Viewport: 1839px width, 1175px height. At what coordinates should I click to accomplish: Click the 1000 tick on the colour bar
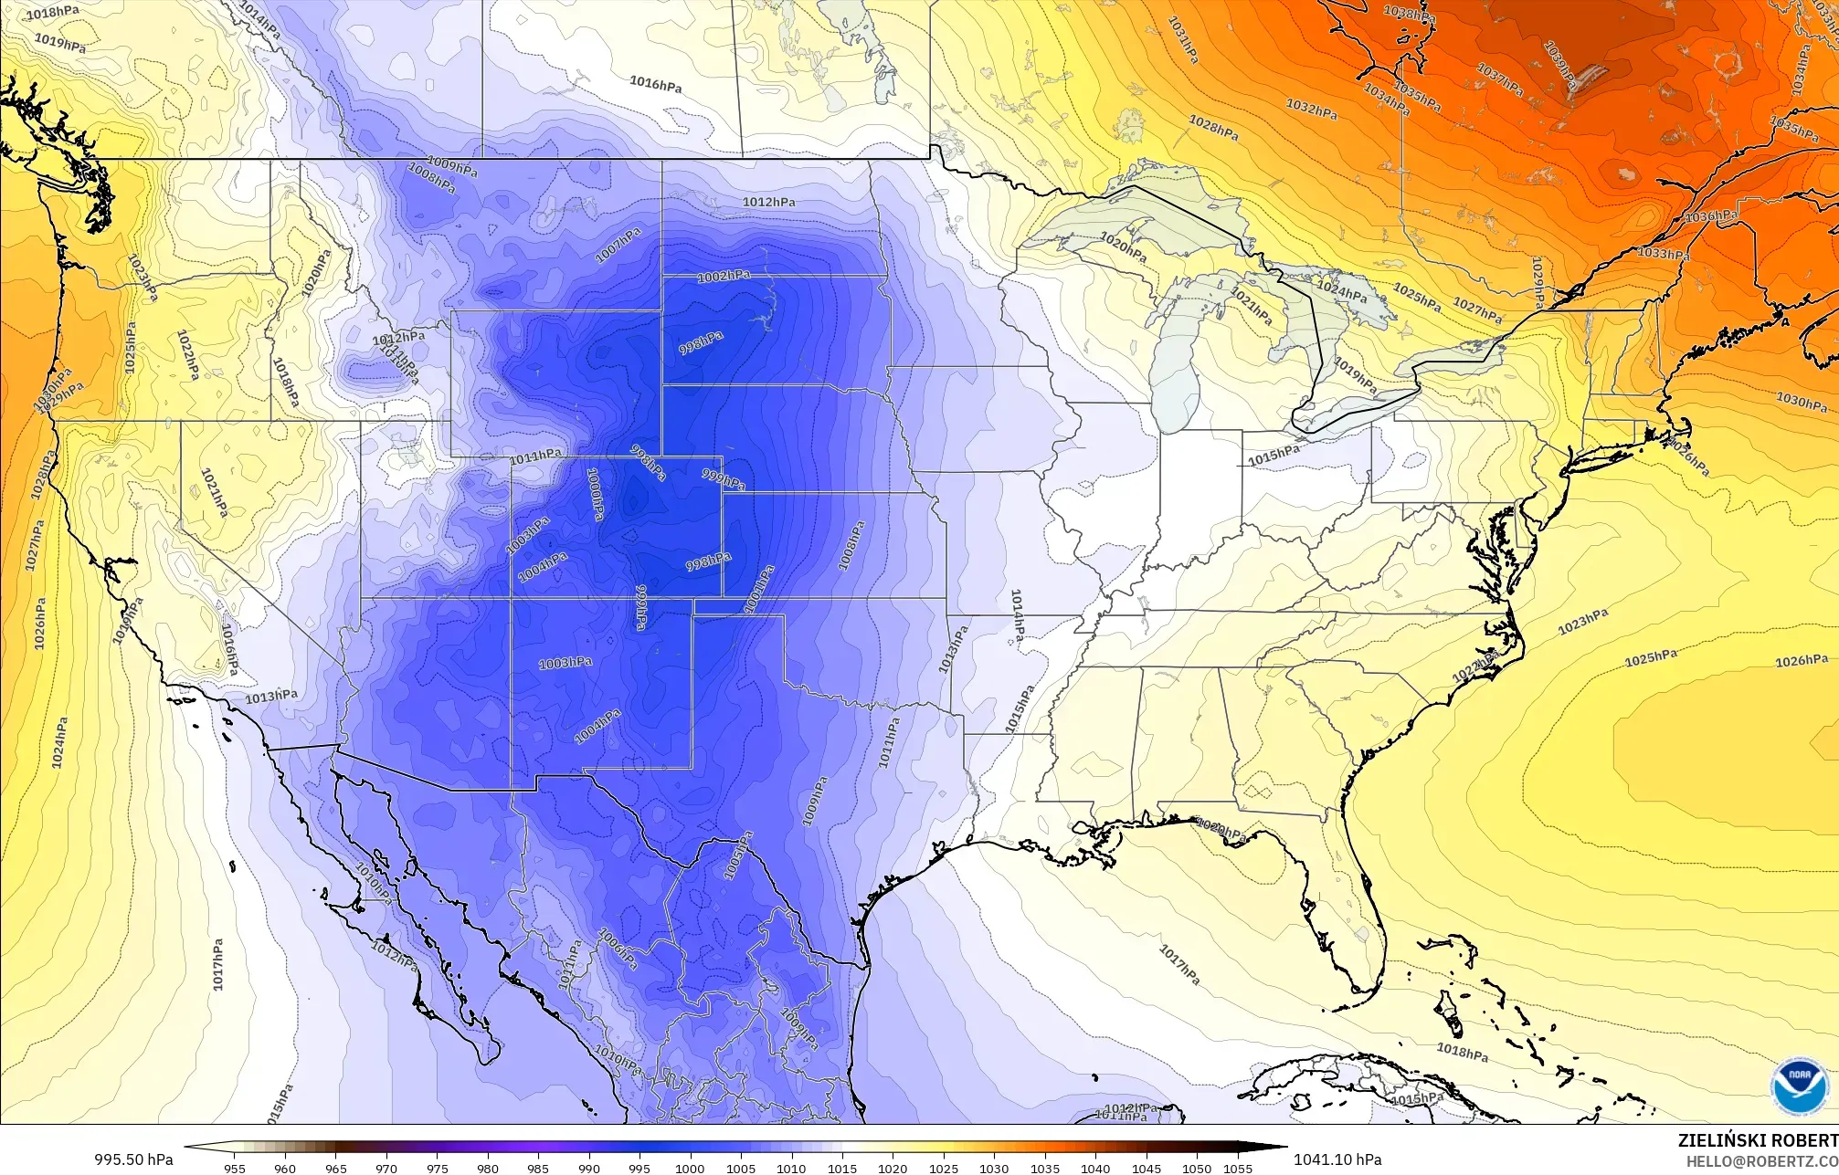point(690,1168)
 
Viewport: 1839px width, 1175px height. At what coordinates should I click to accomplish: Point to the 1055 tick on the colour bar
point(1237,1168)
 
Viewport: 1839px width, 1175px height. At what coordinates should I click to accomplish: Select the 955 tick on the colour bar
point(234,1168)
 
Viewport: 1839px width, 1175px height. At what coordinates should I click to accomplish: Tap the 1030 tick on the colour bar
point(994,1168)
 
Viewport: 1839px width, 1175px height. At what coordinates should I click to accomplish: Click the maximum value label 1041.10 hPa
point(1337,1159)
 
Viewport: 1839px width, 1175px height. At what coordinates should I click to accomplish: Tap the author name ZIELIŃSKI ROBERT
point(1758,1140)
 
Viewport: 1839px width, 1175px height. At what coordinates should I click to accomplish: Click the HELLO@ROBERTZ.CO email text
point(1761,1160)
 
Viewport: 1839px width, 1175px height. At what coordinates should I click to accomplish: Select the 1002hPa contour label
point(723,277)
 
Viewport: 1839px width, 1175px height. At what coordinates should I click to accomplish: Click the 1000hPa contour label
point(595,494)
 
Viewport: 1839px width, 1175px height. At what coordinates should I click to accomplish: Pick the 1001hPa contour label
point(759,590)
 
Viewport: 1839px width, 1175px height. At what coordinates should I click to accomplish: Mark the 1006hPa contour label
point(618,948)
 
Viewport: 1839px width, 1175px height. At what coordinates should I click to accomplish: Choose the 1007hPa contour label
point(618,247)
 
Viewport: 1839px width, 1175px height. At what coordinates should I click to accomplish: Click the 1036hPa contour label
point(1710,217)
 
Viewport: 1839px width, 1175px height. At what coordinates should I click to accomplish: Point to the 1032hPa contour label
point(1312,109)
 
